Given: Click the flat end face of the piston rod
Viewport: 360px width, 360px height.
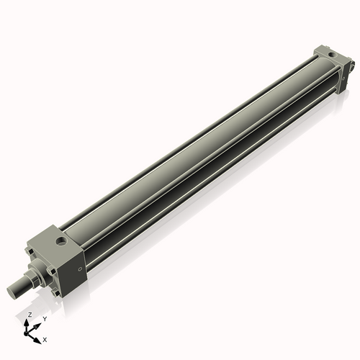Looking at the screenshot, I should (x=13, y=290).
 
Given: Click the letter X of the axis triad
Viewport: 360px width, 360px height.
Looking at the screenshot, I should (x=45, y=338).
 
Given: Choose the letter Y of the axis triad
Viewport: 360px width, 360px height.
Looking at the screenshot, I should (x=44, y=318).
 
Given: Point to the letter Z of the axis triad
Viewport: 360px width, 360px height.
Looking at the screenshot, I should (x=30, y=315).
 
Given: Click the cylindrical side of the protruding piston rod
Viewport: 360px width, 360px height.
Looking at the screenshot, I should (x=22, y=284).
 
